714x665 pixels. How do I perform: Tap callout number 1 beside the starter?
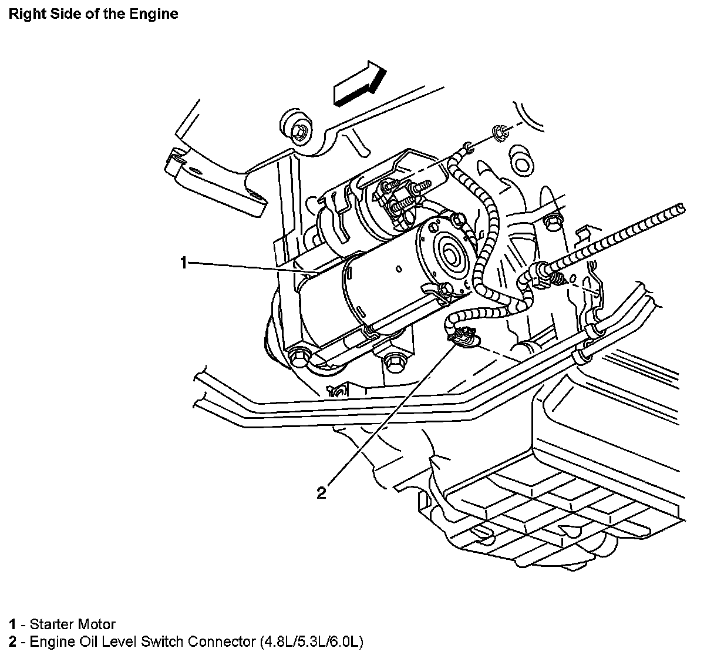click(x=184, y=263)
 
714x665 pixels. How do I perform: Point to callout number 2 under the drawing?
click(x=321, y=492)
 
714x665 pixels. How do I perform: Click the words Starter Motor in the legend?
click(x=72, y=624)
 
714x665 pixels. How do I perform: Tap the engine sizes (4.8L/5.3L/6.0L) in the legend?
click(x=311, y=642)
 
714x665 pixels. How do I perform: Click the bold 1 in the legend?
click(x=12, y=624)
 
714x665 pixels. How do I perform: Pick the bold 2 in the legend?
click(x=12, y=642)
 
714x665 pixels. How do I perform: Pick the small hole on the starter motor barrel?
click(x=398, y=270)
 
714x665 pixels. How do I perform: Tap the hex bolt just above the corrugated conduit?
click(x=551, y=223)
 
